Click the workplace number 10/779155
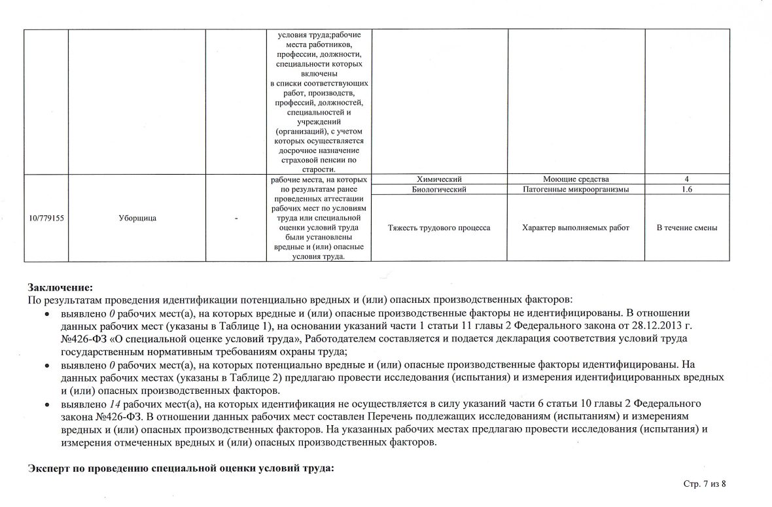coord(46,218)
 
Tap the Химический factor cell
coord(439,179)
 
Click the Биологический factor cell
coord(439,190)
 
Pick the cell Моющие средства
coord(576,179)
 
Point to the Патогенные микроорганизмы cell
coord(576,190)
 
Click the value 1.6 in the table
coord(687,190)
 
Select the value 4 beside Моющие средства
coord(687,179)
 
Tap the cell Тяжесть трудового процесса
coord(439,228)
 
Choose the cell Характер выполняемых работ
coord(576,228)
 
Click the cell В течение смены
coord(687,228)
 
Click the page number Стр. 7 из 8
coord(705,483)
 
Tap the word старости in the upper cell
coord(319,169)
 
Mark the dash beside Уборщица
coord(236,218)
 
